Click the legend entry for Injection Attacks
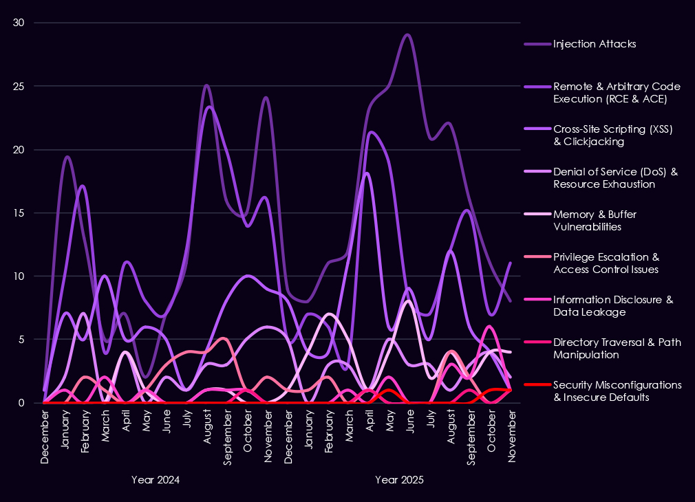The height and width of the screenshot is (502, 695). (x=594, y=44)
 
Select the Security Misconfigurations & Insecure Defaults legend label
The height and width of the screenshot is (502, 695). (x=617, y=391)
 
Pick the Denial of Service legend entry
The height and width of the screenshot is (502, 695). (x=615, y=177)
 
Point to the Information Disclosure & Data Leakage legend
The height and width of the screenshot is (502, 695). (x=612, y=305)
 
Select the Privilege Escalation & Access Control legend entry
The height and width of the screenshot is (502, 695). (x=606, y=263)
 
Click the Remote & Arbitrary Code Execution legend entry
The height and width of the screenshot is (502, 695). (x=617, y=92)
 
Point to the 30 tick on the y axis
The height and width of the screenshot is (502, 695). (x=19, y=23)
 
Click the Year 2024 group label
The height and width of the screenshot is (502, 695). (x=156, y=479)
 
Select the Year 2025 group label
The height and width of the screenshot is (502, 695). (x=399, y=479)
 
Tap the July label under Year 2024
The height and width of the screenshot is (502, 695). (x=186, y=422)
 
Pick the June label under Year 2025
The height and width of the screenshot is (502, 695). (x=410, y=422)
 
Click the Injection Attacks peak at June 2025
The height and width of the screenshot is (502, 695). (x=408, y=34)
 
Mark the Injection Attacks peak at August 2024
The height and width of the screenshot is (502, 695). (x=206, y=85)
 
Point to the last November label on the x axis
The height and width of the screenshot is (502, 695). (x=511, y=428)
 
